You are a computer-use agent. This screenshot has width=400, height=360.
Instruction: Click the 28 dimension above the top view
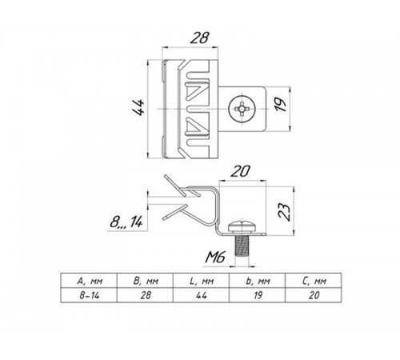coord(199,38)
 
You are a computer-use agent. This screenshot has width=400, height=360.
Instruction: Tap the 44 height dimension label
coord(139,107)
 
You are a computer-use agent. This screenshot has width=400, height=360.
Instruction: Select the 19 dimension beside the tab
coord(280,105)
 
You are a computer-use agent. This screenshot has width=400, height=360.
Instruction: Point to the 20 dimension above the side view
coord(241,171)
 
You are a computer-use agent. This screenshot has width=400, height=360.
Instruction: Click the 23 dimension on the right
coord(284,212)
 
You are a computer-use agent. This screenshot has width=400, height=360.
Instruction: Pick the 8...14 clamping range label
coord(126,222)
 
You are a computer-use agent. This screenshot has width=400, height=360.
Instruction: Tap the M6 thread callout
coord(215,258)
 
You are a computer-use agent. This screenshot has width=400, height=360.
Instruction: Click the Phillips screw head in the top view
coord(242,109)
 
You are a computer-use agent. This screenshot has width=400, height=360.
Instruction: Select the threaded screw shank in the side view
coord(242,246)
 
